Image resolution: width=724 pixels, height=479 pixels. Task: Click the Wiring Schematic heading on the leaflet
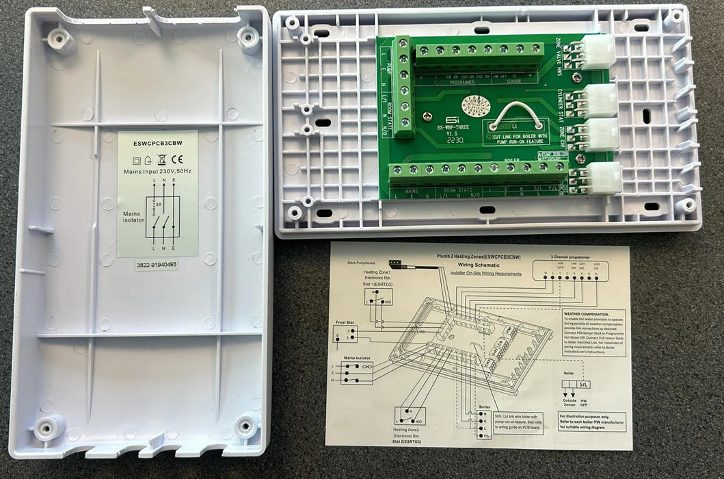point(477,262)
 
